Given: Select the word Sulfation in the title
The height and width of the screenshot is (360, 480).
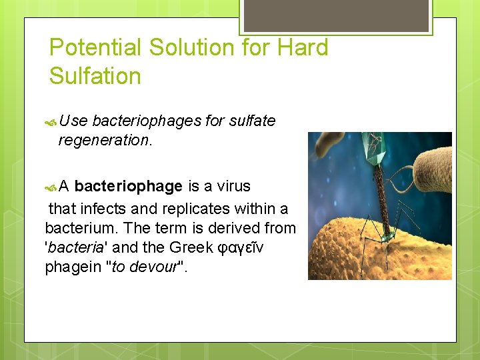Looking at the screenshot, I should pyautogui.click(x=95, y=76).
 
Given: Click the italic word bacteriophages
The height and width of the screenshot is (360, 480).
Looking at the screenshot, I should pyautogui.click(x=147, y=121).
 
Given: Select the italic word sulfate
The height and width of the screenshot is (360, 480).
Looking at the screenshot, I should pyautogui.click(x=252, y=121).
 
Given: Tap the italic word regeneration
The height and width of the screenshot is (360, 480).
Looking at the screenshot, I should pyautogui.click(x=103, y=140).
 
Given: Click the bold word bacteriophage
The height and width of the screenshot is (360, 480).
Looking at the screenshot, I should pyautogui.click(x=129, y=185).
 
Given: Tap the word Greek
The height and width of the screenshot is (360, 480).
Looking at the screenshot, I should pyautogui.click(x=193, y=248).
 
